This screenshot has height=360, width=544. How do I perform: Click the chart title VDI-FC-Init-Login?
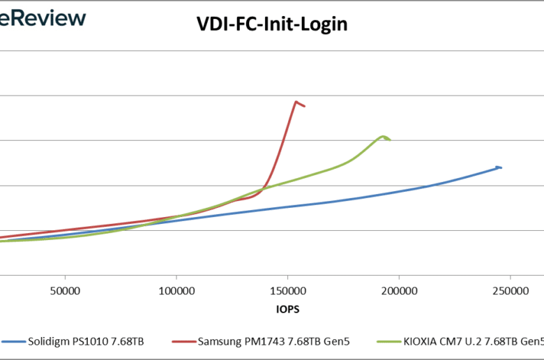pyautogui.click(x=271, y=25)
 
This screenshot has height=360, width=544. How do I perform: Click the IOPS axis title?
pyautogui.click(x=287, y=306)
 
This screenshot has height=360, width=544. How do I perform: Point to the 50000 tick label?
pyautogui.click(x=65, y=290)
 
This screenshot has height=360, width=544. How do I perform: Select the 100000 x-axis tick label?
pyautogui.click(x=176, y=290)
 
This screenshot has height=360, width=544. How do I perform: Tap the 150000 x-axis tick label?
pyautogui.click(x=287, y=290)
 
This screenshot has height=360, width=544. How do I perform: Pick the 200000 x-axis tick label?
pyautogui.click(x=399, y=290)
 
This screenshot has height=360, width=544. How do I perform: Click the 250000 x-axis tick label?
pyautogui.click(x=510, y=290)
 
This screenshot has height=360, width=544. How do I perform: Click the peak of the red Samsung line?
pyautogui.click(x=297, y=102)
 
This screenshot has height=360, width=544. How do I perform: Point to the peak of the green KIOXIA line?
pyautogui.click(x=382, y=136)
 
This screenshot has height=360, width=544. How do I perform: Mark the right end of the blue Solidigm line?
pyautogui.click(x=500, y=167)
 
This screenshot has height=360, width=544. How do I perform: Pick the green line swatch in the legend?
pyautogui.click(x=388, y=343)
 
